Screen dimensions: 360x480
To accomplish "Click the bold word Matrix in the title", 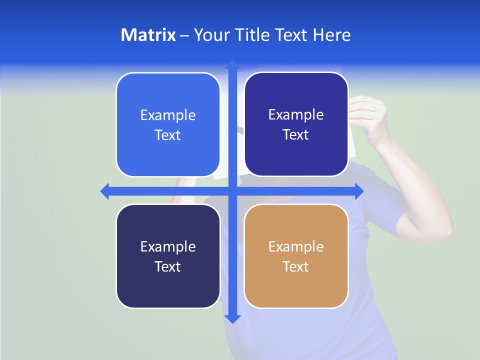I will (148, 35).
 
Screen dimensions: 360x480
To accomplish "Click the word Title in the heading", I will (254, 35).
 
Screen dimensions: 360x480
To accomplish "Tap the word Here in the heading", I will (332, 35).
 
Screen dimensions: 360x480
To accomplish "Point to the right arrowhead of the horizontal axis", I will (359, 191).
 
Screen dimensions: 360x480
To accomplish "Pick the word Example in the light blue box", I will (168, 115).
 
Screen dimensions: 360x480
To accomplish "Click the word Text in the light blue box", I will (168, 135).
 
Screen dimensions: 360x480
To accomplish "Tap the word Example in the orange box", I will (296, 246).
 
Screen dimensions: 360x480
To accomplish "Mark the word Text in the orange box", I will (296, 266).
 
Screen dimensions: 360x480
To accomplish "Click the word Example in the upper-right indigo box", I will (296, 114).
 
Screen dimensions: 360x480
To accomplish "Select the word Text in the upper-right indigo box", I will (296, 134).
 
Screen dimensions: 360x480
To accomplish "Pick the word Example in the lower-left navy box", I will (168, 246).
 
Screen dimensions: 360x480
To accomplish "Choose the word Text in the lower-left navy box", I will (168, 266).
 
